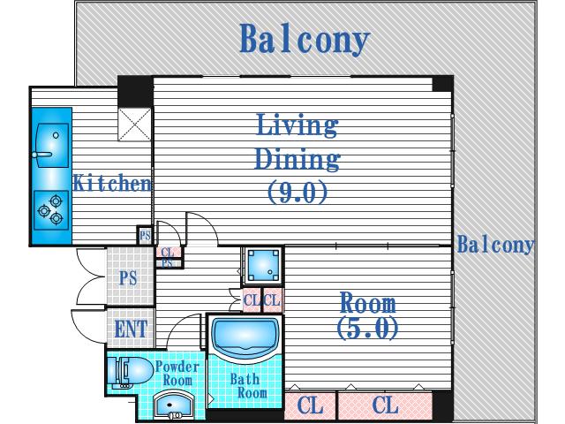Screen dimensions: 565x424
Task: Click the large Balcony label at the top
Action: click(305, 39)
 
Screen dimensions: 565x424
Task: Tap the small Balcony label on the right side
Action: click(495, 246)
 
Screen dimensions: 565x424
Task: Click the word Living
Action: click(297, 125)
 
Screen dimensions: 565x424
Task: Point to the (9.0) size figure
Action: click(298, 192)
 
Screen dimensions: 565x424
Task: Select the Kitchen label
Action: click(112, 183)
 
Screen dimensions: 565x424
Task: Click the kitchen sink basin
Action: click(51, 145)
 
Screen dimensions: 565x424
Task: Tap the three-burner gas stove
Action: click(51, 210)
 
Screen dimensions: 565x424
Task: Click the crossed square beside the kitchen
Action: click(134, 124)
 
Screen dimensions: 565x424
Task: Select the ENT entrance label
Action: click(131, 329)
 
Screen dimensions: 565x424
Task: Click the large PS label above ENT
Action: click(128, 278)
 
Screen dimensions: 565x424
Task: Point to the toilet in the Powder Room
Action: click(130, 371)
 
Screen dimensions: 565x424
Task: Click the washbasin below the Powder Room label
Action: click(174, 405)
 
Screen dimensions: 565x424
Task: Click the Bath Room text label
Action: click(248, 385)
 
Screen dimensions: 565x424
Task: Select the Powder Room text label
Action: click(177, 373)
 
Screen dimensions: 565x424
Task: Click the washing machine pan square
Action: click(263, 265)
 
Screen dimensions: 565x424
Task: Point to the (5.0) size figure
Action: click(367, 328)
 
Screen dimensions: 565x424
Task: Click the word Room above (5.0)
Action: click(368, 302)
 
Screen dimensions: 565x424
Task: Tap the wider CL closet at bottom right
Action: click(385, 405)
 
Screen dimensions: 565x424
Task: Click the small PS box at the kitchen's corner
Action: click(145, 236)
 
